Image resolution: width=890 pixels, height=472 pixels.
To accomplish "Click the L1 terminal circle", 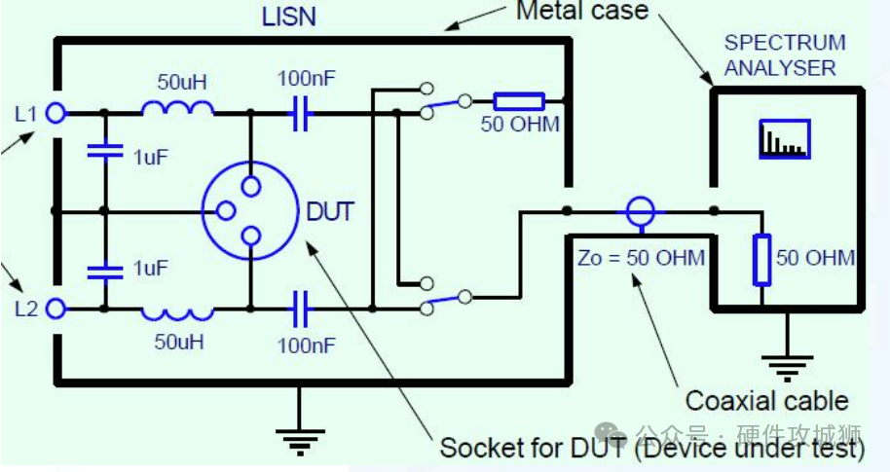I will pos(56,113).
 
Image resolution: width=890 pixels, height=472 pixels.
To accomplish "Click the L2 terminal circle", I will pos(56,309).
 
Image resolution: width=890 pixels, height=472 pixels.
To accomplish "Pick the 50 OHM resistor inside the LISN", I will pos(518,100).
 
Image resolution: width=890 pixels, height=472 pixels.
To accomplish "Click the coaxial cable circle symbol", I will pos(640,209).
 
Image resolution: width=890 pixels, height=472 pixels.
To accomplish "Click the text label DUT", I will pos(330,211).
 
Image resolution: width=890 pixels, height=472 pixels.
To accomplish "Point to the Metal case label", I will pos(581,12).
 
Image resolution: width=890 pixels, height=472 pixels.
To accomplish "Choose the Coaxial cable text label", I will pos(766,400).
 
